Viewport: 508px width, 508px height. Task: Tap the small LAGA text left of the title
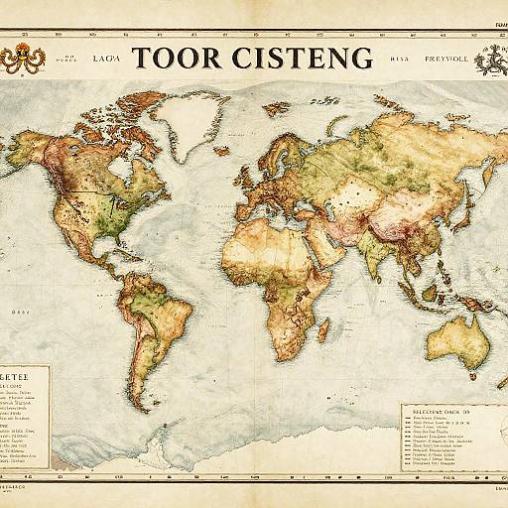(x=105, y=59)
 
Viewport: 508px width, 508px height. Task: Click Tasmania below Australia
(x=465, y=378)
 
